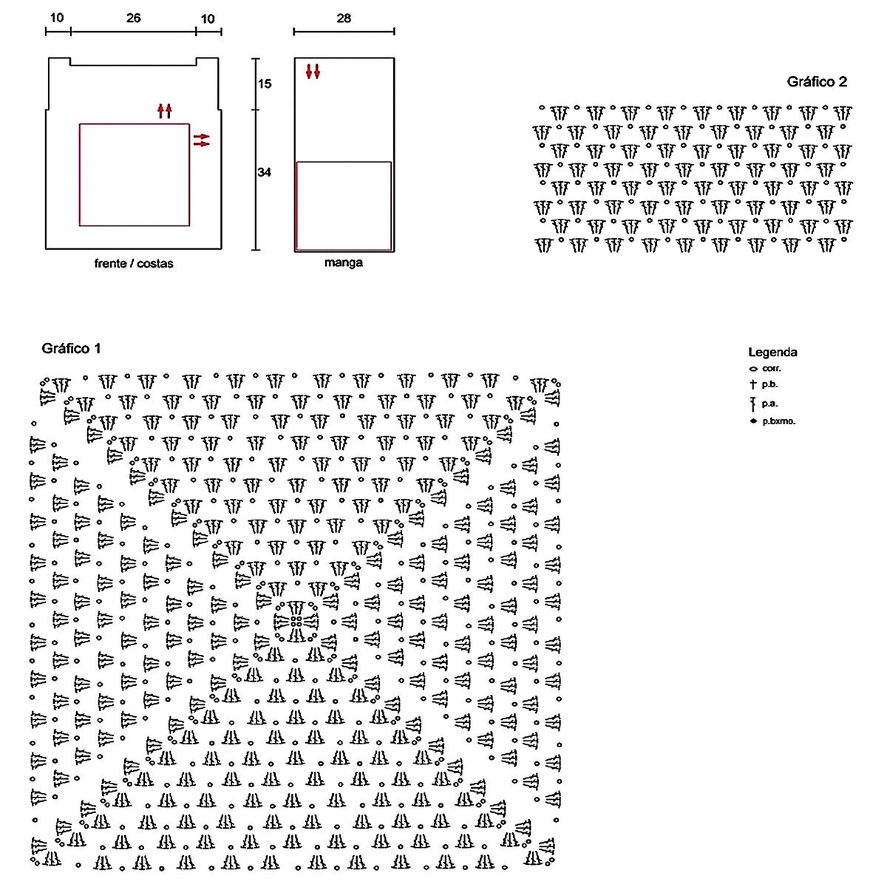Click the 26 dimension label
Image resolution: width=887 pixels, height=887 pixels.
tap(133, 18)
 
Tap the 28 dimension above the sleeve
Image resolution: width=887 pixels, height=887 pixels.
tap(344, 18)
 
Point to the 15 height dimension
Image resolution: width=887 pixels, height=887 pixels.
tap(265, 84)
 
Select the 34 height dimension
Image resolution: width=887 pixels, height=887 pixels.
tap(265, 172)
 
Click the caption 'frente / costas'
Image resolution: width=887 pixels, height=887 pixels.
tap(134, 263)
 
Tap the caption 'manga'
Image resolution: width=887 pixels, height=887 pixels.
tap(344, 263)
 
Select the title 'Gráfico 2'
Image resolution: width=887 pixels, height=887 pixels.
tap(817, 82)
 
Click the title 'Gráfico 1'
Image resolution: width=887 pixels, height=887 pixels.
tap(71, 347)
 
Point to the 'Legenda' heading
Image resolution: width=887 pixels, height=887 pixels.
tap(772, 353)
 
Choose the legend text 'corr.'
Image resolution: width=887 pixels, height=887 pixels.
tap(772, 368)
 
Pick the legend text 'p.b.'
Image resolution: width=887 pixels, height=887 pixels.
tap(769, 384)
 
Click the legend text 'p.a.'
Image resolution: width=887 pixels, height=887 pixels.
tap(769, 403)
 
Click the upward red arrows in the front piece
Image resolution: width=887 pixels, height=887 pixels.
tap(164, 111)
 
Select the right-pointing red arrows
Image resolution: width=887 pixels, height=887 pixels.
tap(201, 140)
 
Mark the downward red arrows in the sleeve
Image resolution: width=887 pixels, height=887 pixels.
tap(313, 72)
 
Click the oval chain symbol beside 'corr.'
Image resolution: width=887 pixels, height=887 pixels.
tap(753, 368)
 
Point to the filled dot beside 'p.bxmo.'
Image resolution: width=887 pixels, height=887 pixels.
tap(753, 421)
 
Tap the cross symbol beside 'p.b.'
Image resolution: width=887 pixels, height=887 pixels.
tap(753, 384)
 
